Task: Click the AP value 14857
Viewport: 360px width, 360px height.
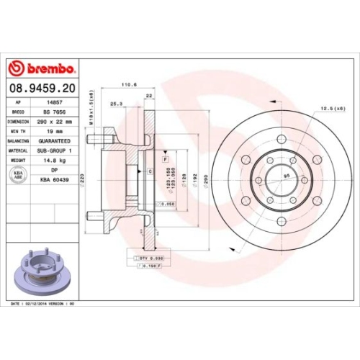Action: [52, 103]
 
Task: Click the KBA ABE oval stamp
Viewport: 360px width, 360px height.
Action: [17, 174]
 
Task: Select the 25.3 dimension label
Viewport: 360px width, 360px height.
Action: [116, 104]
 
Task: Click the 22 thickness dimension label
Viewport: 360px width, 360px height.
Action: [148, 96]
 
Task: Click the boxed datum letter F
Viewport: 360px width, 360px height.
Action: [166, 157]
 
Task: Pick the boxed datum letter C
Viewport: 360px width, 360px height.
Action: [149, 171]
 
